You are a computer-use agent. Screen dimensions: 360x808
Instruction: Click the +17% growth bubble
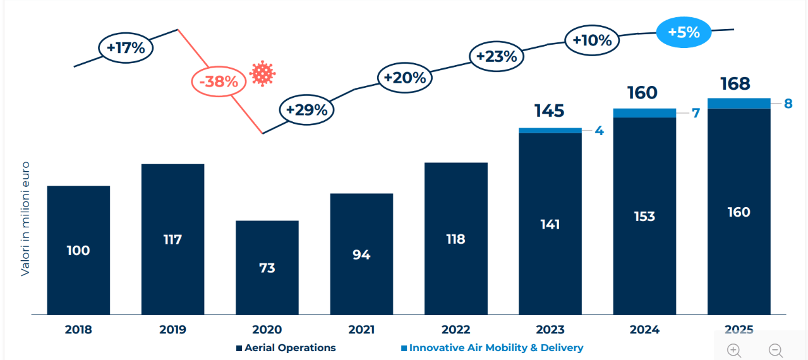[x=126, y=48]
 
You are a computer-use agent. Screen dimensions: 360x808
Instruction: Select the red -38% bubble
[x=218, y=81]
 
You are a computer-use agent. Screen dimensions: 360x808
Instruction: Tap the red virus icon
[x=262, y=74]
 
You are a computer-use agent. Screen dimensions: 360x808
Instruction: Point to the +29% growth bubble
[x=306, y=109]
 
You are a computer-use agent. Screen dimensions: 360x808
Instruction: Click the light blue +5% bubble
[x=684, y=32]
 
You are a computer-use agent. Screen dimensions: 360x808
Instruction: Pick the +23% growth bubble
[x=497, y=56]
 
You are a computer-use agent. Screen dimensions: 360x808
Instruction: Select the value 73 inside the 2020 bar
[x=267, y=268]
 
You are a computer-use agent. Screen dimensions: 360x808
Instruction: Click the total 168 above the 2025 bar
[x=735, y=84]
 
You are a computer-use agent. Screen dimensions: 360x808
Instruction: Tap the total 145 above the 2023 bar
[x=549, y=111]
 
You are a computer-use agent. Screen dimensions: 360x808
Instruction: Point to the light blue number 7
[x=695, y=114]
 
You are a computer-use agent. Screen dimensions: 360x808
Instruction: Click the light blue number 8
[x=788, y=104]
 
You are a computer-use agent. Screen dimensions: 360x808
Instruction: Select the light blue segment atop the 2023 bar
[x=550, y=131]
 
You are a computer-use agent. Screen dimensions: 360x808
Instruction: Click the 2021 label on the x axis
[x=361, y=330]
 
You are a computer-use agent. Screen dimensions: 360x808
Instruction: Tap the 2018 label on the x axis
[x=78, y=330]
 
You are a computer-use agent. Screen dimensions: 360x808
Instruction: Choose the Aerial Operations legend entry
[x=286, y=348]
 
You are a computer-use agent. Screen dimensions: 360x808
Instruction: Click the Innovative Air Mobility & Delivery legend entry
[x=491, y=348]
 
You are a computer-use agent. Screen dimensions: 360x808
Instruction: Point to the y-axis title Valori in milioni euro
[x=26, y=219]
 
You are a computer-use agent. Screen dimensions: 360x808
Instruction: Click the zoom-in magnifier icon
[x=733, y=350]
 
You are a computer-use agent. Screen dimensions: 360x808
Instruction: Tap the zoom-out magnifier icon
[x=775, y=350]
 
